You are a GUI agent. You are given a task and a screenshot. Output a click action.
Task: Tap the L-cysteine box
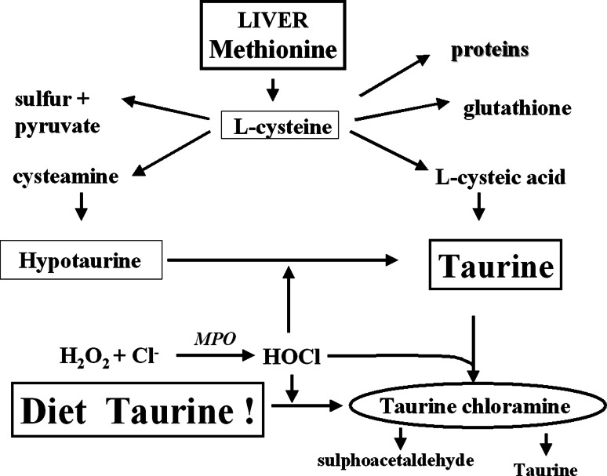click(280, 125)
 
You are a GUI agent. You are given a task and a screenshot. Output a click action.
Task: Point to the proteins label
click(489, 50)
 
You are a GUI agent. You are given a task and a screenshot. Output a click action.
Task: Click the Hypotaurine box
click(82, 260)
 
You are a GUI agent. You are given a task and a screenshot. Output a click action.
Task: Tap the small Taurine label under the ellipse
click(545, 469)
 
